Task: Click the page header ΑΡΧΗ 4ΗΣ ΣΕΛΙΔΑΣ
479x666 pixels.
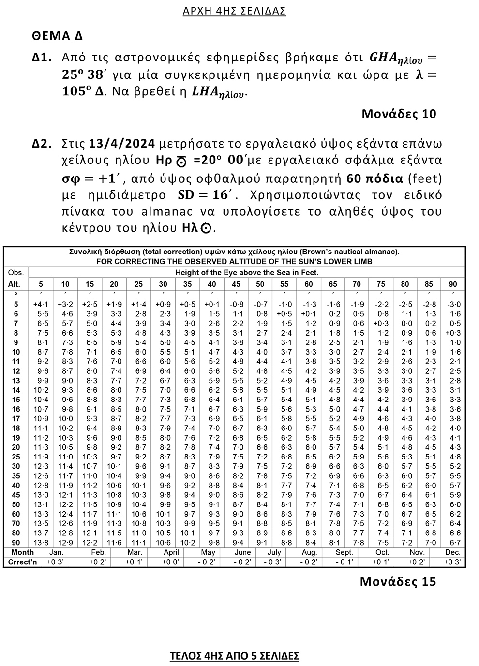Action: pyautogui.click(x=234, y=11)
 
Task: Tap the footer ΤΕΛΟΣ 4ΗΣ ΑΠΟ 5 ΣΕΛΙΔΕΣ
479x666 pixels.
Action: pyautogui.click(x=234, y=656)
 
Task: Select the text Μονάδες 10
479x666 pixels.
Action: pyautogui.click(x=399, y=114)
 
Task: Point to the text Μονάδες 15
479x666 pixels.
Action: pyautogui.click(x=398, y=581)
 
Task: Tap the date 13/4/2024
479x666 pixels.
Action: pyautogui.click(x=122, y=144)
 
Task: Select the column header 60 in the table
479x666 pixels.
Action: pyautogui.click(x=308, y=284)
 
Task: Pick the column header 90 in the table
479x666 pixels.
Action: pyautogui.click(x=453, y=284)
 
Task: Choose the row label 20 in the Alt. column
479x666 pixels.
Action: pyautogui.click(x=16, y=447)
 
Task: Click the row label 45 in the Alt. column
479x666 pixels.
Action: pyautogui.click(x=16, y=495)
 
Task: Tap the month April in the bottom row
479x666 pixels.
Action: pyautogui.click(x=171, y=552)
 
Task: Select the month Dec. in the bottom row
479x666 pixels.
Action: pyautogui.click(x=453, y=552)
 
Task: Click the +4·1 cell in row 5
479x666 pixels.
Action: pyautogui.click(x=40, y=304)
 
